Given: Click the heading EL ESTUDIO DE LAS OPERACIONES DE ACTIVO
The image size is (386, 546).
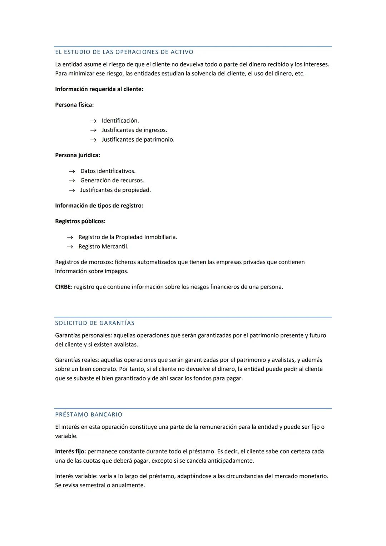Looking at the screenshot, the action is [124, 52].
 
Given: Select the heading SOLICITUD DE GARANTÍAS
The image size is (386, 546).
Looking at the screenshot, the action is [95, 323].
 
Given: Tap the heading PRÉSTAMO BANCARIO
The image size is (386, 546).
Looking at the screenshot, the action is [89, 415].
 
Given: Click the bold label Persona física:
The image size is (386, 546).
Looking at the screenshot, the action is [74, 105].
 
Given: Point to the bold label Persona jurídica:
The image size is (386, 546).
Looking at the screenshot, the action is [78, 155].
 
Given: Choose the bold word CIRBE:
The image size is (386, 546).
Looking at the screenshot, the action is [64, 287].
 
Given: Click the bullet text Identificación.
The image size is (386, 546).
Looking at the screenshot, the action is [120, 120].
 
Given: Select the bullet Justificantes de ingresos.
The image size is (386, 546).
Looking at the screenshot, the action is [134, 130].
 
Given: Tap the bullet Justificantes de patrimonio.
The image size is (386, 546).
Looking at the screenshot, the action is [138, 139].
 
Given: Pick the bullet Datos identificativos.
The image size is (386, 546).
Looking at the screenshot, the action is [108, 171].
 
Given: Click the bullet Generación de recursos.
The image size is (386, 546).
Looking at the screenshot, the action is [112, 181].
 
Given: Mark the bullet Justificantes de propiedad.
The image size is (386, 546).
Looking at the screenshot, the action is [115, 190].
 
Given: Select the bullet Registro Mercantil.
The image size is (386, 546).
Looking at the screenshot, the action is [103, 246].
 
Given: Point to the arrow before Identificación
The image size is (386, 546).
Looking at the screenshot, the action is [93, 121].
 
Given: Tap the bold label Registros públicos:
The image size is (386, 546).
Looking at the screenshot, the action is [80, 221].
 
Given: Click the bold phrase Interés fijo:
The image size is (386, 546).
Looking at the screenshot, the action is [70, 451].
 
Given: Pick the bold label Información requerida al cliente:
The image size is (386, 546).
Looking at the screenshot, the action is [99, 89].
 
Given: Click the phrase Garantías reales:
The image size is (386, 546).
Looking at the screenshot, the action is [77, 360].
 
